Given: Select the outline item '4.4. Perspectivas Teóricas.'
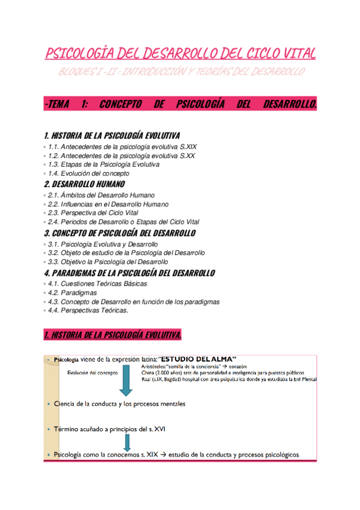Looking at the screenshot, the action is click(88, 310).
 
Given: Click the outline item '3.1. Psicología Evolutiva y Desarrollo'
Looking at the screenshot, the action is click(102, 244).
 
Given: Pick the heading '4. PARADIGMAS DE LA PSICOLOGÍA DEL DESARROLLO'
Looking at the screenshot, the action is click(129, 273).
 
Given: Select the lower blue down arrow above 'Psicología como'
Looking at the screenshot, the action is click(126, 443).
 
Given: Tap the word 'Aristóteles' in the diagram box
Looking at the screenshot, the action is click(155, 366).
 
